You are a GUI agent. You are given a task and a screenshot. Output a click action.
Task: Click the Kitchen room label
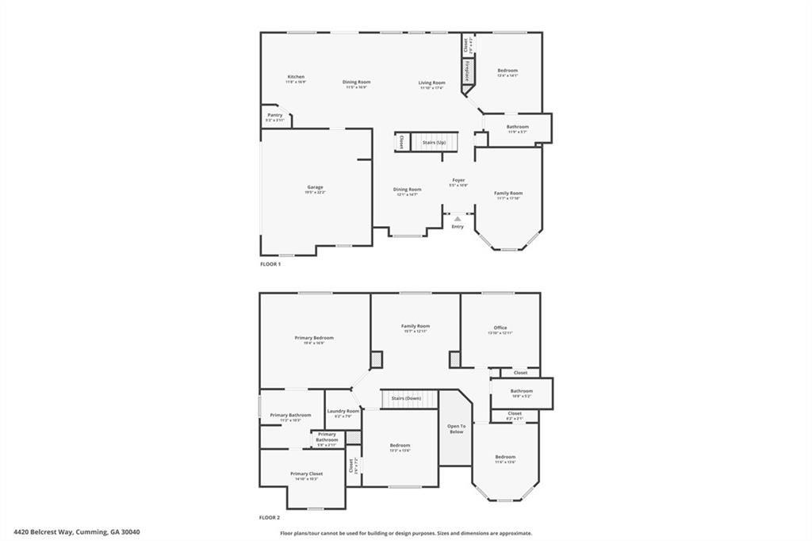pyautogui.click(x=296, y=77)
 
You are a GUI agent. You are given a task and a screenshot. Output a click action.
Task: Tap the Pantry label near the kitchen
pyautogui.click(x=274, y=115)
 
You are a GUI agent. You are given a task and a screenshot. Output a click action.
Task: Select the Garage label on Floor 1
pyautogui.click(x=315, y=187)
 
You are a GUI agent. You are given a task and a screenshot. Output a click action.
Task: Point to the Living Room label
pyautogui.click(x=432, y=82)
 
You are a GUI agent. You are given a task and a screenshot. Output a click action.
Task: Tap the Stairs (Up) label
pyautogui.click(x=434, y=143)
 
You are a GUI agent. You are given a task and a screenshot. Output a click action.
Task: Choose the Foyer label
pyautogui.click(x=458, y=180)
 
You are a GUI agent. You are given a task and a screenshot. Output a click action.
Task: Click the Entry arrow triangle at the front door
pyautogui.click(x=458, y=218)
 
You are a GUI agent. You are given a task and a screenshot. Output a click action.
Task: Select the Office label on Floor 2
pyautogui.click(x=500, y=328)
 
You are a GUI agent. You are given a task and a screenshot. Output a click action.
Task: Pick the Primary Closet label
pyautogui.click(x=306, y=474)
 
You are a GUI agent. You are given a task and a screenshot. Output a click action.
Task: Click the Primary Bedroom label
pyautogui.click(x=314, y=338)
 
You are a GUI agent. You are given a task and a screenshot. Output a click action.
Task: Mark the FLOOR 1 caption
pyautogui.click(x=270, y=263)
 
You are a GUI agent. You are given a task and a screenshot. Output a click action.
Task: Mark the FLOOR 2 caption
pyautogui.click(x=270, y=517)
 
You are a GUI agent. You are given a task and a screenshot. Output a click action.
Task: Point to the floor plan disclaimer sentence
pyautogui.click(x=406, y=533)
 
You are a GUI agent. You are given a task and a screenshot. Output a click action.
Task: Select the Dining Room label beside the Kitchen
pyautogui.click(x=356, y=82)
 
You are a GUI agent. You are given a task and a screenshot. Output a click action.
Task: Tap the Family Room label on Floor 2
pyautogui.click(x=415, y=326)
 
